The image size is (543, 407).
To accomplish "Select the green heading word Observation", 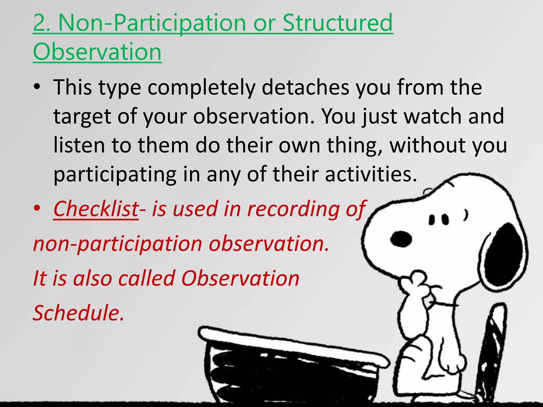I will [x=97, y=52].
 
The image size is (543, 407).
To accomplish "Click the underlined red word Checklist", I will [x=96, y=209].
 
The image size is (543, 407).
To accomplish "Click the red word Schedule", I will [x=78, y=313].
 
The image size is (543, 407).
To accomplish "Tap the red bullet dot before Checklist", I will [x=37, y=209].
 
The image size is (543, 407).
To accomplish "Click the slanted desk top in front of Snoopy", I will [x=292, y=347].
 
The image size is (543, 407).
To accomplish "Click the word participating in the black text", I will [x=115, y=175].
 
